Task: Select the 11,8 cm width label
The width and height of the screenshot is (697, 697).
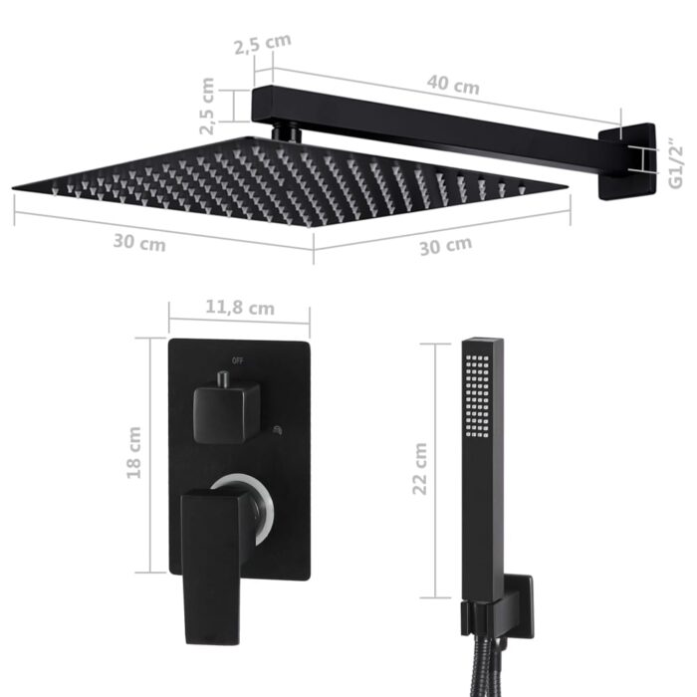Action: (239, 308)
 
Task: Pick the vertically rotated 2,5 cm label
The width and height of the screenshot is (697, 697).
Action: (208, 107)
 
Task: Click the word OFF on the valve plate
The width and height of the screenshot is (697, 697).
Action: (237, 359)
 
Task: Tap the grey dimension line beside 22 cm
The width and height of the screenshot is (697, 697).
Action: (435, 468)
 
